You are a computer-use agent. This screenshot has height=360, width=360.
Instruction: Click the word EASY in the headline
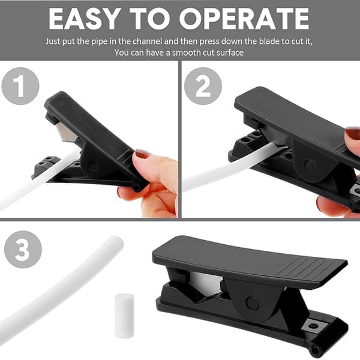click(84, 19)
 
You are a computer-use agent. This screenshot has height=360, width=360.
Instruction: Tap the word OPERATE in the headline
click(244, 19)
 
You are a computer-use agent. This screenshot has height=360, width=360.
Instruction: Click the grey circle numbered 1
click(20, 86)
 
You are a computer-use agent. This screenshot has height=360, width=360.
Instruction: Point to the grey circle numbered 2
click(203, 86)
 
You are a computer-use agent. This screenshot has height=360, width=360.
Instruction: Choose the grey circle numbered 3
click(23, 250)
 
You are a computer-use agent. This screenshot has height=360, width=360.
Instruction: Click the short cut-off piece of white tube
click(124, 316)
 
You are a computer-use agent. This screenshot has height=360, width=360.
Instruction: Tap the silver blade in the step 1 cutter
click(66, 133)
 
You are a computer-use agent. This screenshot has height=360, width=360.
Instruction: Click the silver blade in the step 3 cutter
click(206, 283)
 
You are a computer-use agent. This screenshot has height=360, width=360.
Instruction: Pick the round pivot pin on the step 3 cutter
click(253, 303)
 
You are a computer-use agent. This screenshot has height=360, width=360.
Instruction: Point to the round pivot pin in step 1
click(93, 166)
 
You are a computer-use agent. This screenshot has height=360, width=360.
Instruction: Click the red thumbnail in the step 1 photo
click(142, 154)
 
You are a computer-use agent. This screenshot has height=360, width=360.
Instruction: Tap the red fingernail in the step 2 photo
click(353, 133)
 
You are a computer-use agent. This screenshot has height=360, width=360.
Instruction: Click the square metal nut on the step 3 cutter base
click(313, 326)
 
